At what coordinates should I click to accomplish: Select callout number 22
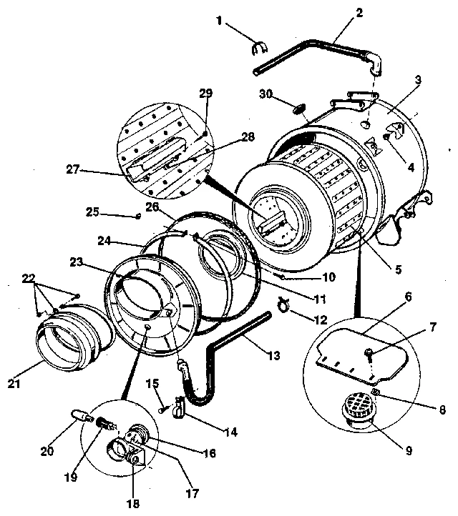29,278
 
